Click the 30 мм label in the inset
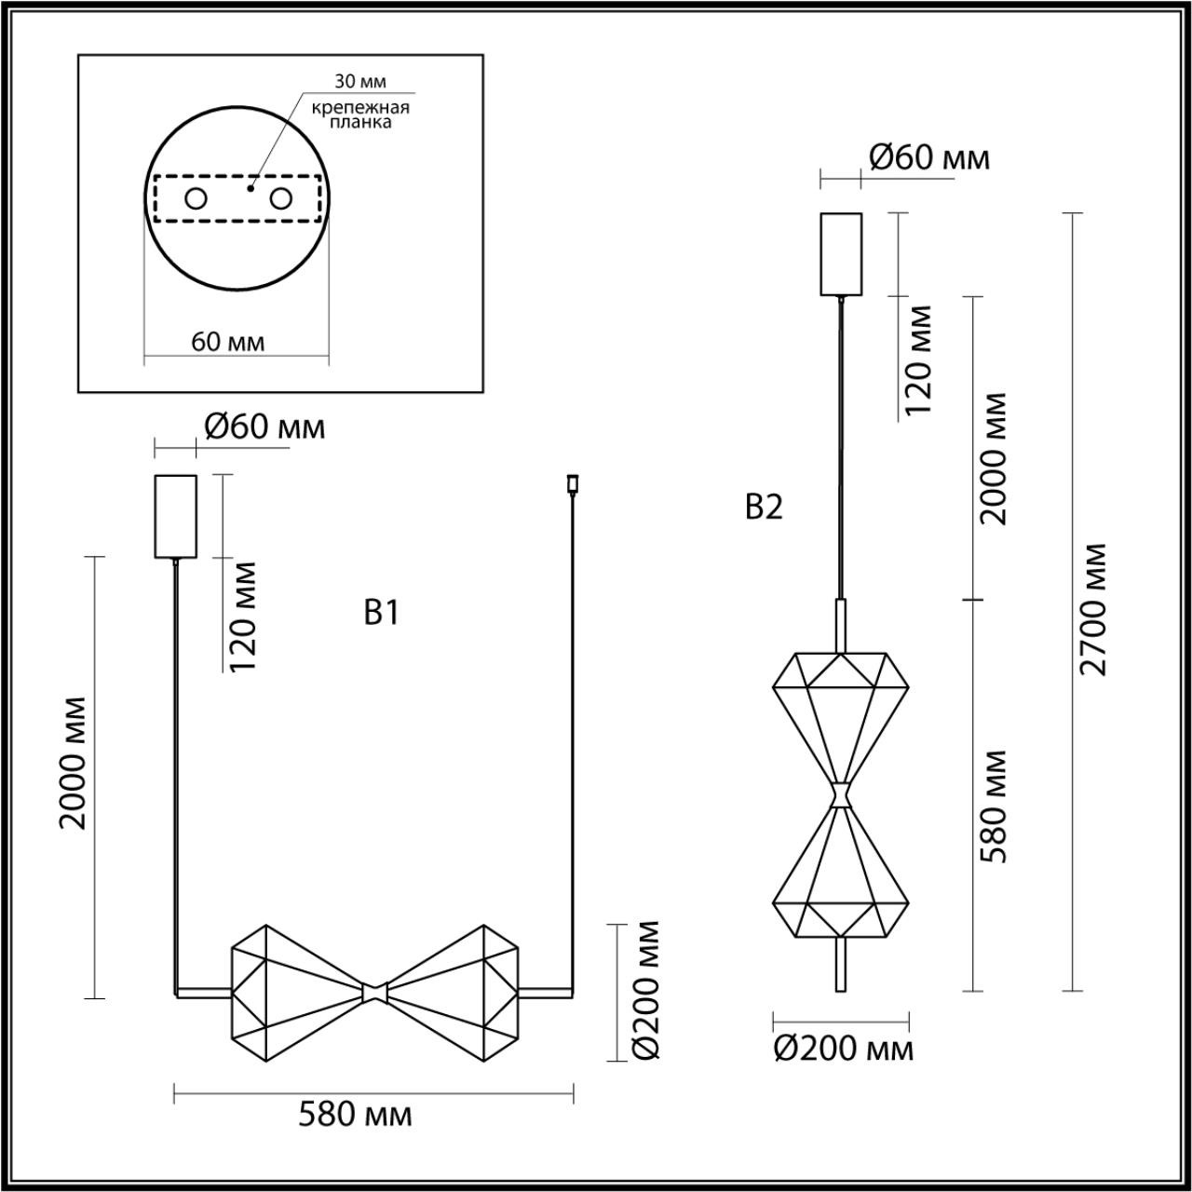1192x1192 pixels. click(360, 83)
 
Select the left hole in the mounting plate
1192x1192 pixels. click(196, 198)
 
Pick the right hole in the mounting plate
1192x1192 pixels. click(279, 198)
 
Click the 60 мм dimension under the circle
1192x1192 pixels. click(228, 342)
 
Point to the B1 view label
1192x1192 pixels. click(382, 613)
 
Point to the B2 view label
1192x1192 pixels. click(765, 508)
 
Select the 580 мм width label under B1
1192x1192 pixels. click(355, 1115)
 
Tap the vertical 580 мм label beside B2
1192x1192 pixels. click(996, 805)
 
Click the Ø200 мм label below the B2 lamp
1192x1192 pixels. click(844, 1050)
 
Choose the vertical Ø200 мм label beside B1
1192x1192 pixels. click(644, 989)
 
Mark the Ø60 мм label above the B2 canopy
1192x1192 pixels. click(929, 157)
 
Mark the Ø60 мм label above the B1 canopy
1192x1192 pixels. click(264, 427)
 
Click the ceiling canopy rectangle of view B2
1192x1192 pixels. click(841, 254)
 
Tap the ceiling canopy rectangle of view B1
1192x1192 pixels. click(175, 516)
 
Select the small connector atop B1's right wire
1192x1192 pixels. click(571, 483)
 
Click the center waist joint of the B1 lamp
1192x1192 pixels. click(375, 992)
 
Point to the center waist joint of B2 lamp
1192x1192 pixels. click(842, 794)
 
